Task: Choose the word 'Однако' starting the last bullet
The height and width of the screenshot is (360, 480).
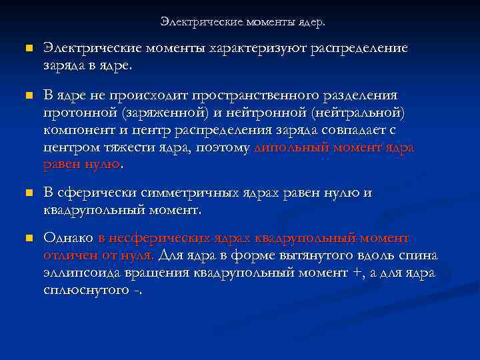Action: click(x=68, y=239)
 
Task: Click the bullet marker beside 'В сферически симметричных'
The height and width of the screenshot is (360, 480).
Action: click(x=28, y=194)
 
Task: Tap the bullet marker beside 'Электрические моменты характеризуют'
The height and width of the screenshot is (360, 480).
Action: click(x=28, y=49)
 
